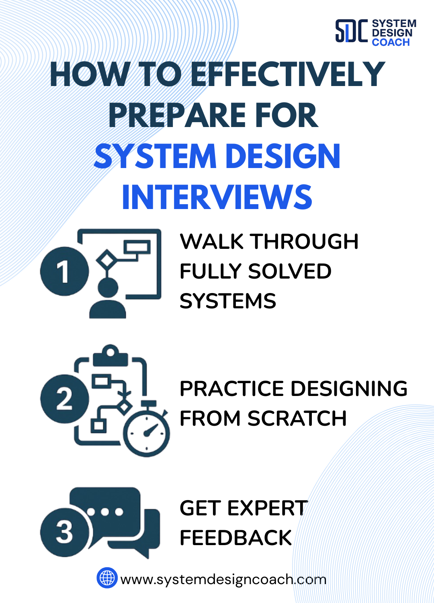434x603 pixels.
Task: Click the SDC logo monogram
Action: (351, 31)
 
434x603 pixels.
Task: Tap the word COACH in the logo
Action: (391, 42)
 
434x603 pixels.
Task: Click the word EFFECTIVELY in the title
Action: (288, 75)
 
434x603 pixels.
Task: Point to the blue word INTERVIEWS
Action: (217, 197)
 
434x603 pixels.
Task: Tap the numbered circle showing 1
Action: (64, 271)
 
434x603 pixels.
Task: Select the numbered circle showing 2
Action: (64, 398)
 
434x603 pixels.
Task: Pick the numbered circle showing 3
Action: (64, 532)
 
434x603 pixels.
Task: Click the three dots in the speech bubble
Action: (105, 512)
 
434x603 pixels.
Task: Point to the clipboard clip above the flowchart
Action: (111, 356)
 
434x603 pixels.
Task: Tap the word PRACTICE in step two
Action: (232, 389)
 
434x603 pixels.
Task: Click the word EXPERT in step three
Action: (267, 508)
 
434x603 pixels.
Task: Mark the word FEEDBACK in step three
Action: (235, 538)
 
